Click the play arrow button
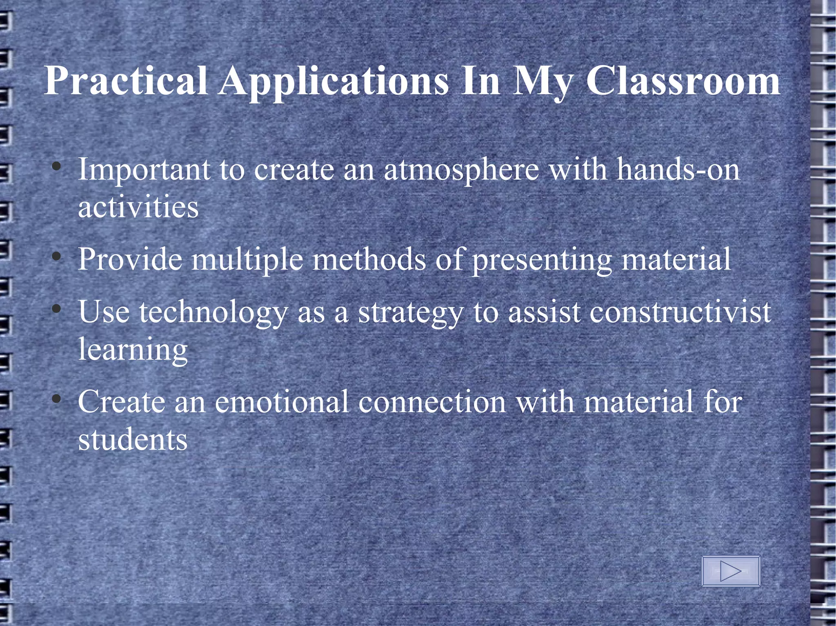[730, 571]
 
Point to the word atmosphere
[461, 170]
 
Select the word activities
[138, 207]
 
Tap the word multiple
[247, 259]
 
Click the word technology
[213, 313]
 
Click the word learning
[133, 350]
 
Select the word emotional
[282, 402]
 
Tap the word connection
[432, 402]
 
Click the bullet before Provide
[57, 257]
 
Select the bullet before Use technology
[57, 310]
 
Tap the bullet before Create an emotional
[57, 399]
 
